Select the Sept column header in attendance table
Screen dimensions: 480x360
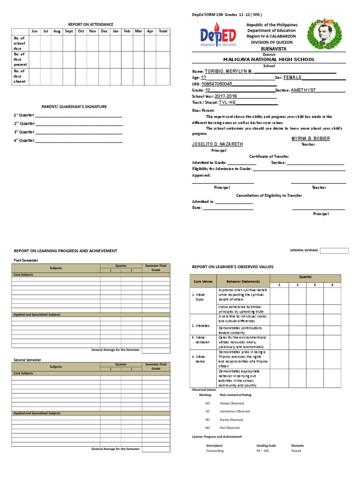68,31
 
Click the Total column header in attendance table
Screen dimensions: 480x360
163,31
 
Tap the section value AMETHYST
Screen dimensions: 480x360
303,90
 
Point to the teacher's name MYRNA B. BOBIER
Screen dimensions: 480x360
310,138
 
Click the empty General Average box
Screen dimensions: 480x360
334,250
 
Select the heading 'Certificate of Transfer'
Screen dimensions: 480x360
269,156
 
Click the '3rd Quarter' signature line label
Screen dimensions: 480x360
24,132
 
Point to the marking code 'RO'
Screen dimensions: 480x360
208,420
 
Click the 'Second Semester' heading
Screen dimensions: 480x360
27,360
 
